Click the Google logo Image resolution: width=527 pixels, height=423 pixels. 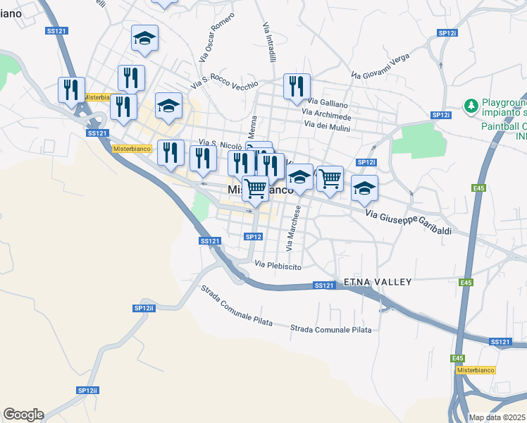(x=23, y=415)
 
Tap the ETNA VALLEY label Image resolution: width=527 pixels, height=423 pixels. (x=377, y=282)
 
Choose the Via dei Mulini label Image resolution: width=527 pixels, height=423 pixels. (x=328, y=125)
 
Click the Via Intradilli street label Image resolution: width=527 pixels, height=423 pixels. (x=268, y=40)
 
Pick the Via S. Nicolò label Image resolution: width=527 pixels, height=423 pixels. (x=221, y=144)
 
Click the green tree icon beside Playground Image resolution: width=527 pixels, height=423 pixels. (x=470, y=106)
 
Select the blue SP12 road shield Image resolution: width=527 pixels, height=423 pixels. (x=254, y=237)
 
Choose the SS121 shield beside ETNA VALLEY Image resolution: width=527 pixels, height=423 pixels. (x=323, y=286)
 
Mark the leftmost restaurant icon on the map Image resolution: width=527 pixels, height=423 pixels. (x=71, y=89)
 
